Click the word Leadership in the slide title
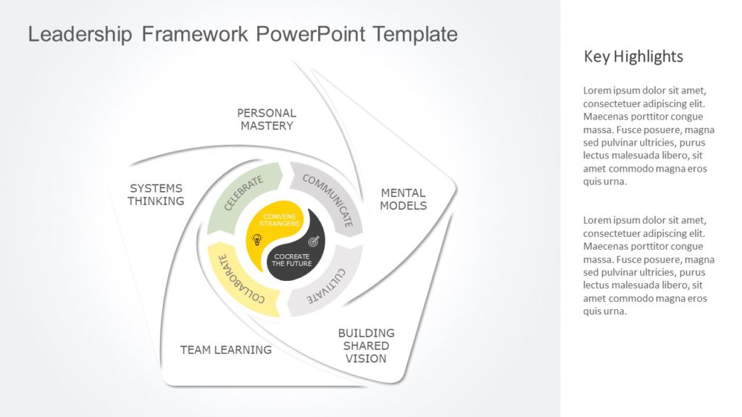tap(80, 34)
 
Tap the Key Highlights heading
tap(633, 56)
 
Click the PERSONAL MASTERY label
tap(267, 119)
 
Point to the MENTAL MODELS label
tap(404, 199)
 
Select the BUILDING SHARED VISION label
tap(366, 345)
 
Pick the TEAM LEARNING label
tap(225, 350)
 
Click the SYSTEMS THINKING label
tap(156, 195)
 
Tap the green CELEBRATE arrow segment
tap(243, 195)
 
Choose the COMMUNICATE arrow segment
tap(328, 199)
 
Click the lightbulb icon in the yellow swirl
tap(256, 239)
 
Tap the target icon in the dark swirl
tap(314, 241)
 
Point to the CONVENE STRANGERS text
tap(279, 219)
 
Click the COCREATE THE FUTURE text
tap(292, 259)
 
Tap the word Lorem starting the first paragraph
tap(598, 90)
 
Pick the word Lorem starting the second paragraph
tap(598, 220)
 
